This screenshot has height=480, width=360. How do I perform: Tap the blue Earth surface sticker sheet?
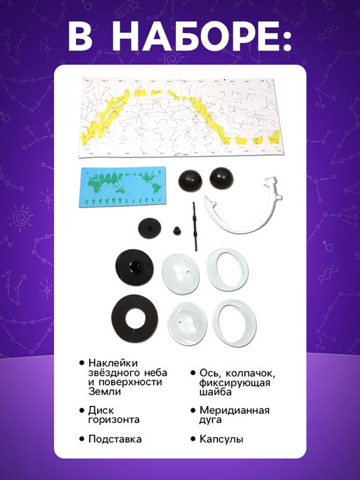pyautogui.click(x=122, y=187)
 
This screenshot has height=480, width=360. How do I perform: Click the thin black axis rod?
pyautogui.click(x=194, y=226)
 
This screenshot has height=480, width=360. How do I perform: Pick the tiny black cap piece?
pyautogui.click(x=176, y=231)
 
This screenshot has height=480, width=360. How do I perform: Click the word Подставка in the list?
pyautogui.click(x=115, y=439)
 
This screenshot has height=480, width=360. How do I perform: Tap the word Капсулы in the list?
pyautogui.click(x=221, y=439)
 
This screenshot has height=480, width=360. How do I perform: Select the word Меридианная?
pyautogui.click(x=235, y=410)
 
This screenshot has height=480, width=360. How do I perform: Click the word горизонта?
pyautogui.click(x=114, y=419)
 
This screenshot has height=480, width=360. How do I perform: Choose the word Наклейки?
pyautogui.click(x=113, y=363)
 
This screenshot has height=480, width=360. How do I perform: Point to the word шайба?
pyautogui.click(x=215, y=392)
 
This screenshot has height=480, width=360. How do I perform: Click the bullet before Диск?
pyautogui.click(x=82, y=410)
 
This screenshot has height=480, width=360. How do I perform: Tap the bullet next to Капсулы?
pyautogui.click(x=193, y=439)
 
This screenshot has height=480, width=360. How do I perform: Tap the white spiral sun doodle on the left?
pyautogui.click(x=21, y=218)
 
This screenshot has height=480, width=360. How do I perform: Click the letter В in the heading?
pyautogui.click(x=80, y=36)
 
